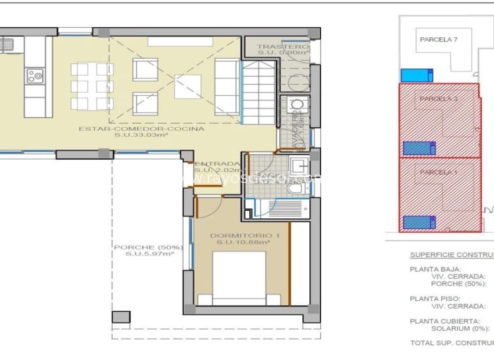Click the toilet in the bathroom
coord(296,189)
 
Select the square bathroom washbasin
coord(300,165)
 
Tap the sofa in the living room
coord(227,87)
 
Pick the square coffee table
coord(187,87)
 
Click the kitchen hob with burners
coord(34,75)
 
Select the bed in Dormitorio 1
coord(242,278)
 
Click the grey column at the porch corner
coord(121,318)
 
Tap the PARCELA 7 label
coord(439,39)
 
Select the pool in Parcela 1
coord(418,222)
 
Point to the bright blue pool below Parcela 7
coord(417,75)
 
